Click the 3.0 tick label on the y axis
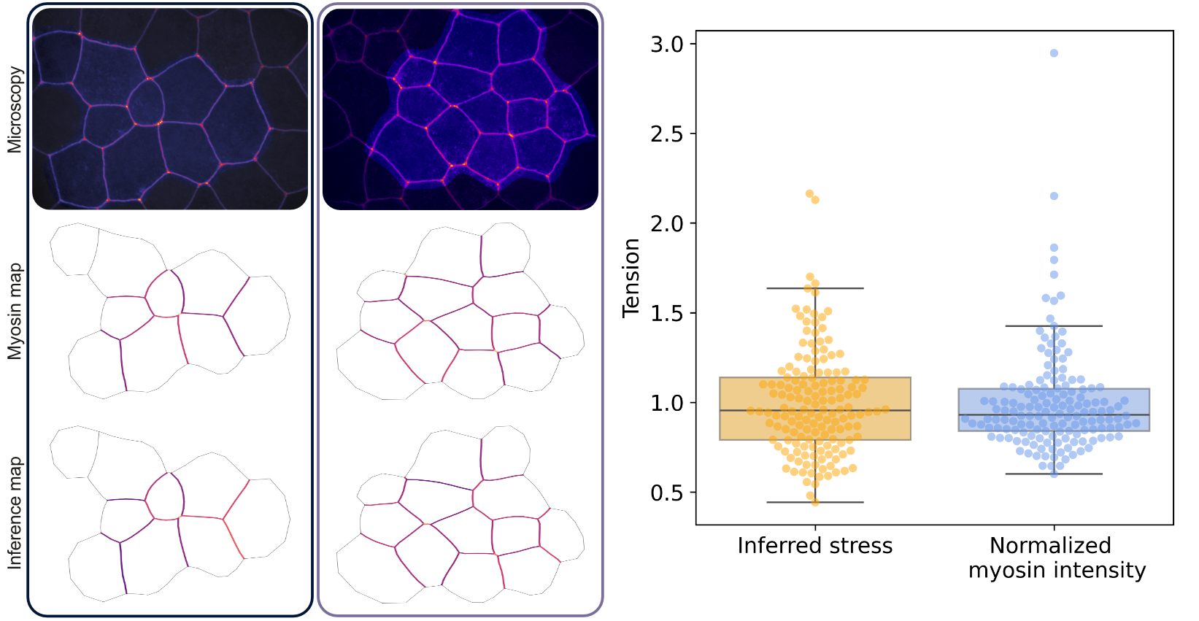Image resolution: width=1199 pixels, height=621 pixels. point(666,45)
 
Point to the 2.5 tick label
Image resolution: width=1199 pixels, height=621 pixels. point(666,134)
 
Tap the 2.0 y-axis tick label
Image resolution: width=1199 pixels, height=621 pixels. point(666,224)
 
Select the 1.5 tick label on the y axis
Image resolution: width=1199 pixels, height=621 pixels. point(666,314)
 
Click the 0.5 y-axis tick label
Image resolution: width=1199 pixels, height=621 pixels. point(666,493)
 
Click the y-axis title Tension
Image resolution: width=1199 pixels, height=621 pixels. point(631,278)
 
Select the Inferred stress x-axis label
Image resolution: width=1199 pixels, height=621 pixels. point(814,546)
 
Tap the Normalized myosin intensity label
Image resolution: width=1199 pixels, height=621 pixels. point(1056,558)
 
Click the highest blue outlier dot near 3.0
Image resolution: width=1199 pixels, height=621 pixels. point(1054,53)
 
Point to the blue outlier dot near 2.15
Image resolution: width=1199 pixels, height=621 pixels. point(1054,196)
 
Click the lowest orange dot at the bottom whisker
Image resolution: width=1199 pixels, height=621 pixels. point(815,502)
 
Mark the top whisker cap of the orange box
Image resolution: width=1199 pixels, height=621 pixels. point(815,288)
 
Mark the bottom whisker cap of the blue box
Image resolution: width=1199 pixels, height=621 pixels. point(1054,474)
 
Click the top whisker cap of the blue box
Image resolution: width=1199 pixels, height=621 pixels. point(1054,326)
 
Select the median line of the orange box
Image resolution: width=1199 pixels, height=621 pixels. point(815,411)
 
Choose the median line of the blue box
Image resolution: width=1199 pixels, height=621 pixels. point(1054,415)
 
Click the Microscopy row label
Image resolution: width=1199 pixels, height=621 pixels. point(15,110)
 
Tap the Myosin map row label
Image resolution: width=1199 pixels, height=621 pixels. point(15,312)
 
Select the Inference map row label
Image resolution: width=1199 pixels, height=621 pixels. point(15,513)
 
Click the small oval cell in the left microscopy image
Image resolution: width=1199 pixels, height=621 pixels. point(146,101)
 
